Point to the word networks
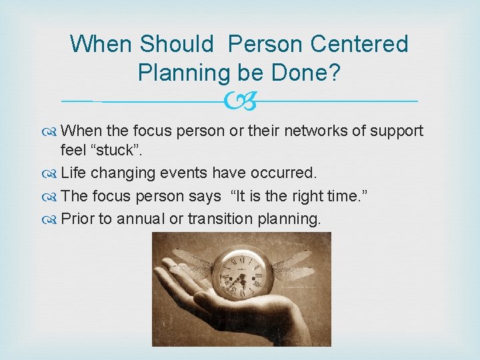tap(322, 131)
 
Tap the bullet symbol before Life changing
tap(51, 173)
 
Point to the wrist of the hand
tap(293, 327)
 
